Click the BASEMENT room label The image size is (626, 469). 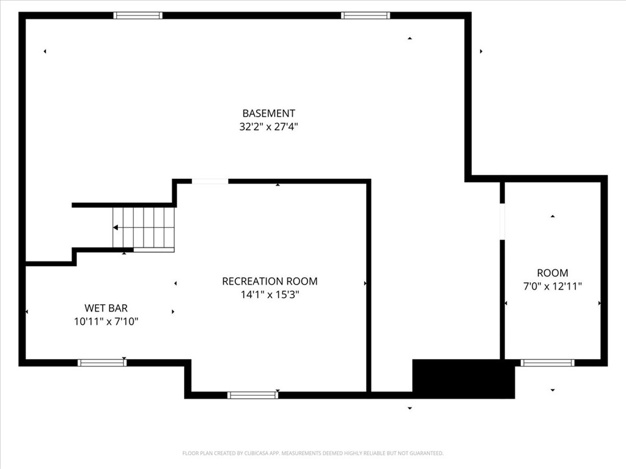(x=269, y=113)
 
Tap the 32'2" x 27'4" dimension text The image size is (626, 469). (x=269, y=127)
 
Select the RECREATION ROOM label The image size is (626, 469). (x=270, y=281)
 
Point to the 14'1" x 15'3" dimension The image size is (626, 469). (x=270, y=295)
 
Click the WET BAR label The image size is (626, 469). (x=106, y=308)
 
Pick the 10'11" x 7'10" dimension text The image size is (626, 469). (x=106, y=321)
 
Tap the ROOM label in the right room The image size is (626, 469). (x=553, y=273)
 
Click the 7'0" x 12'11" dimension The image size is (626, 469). (x=553, y=286)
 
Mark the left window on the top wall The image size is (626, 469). (x=138, y=15)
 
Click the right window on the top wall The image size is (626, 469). (x=366, y=15)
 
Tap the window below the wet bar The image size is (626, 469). (x=102, y=363)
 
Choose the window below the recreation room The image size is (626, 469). (x=252, y=395)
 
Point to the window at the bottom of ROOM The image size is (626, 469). (x=548, y=363)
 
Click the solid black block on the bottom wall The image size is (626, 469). (x=463, y=379)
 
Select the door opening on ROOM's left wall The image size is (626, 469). (x=503, y=222)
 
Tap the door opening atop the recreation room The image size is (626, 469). (x=210, y=181)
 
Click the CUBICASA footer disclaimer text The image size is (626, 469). (x=313, y=453)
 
